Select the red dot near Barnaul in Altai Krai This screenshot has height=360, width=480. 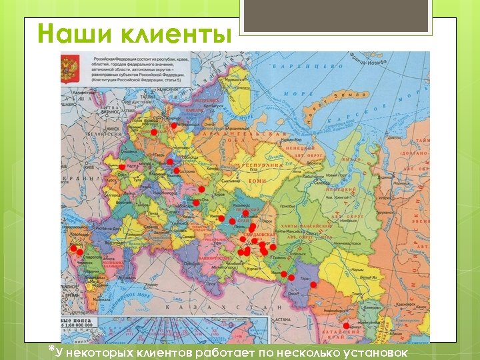345,326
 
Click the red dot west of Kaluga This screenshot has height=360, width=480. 122,167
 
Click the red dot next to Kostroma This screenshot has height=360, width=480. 176,170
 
